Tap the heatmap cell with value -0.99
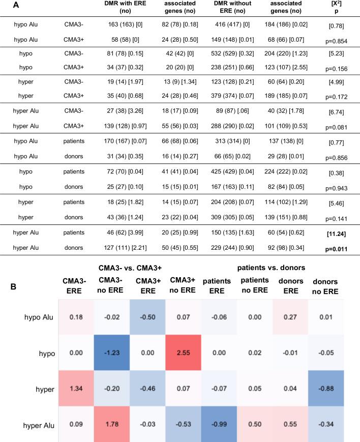219,420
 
